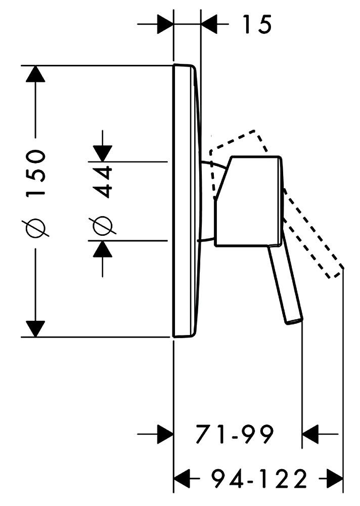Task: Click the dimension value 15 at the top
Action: click(256, 24)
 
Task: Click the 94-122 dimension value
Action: click(259, 477)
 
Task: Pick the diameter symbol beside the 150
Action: click(38, 227)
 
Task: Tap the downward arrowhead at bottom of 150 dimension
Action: click(35, 328)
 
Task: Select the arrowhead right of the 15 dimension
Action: click(209, 24)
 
